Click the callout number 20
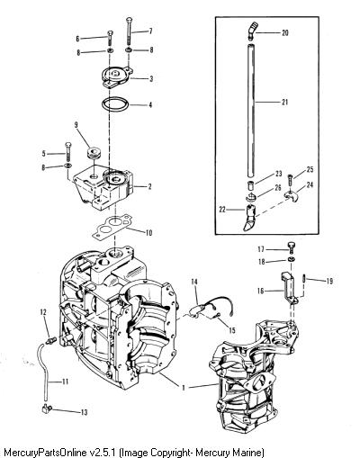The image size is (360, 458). [x=284, y=32]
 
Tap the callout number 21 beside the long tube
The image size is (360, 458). [x=284, y=102]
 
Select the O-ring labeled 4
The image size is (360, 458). [x=115, y=104]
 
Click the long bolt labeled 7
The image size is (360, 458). [x=130, y=31]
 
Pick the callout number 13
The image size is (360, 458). [x=85, y=412]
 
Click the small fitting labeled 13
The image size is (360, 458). [x=47, y=409]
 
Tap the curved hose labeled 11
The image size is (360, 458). [x=43, y=371]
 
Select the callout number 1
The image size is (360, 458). [x=184, y=388]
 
